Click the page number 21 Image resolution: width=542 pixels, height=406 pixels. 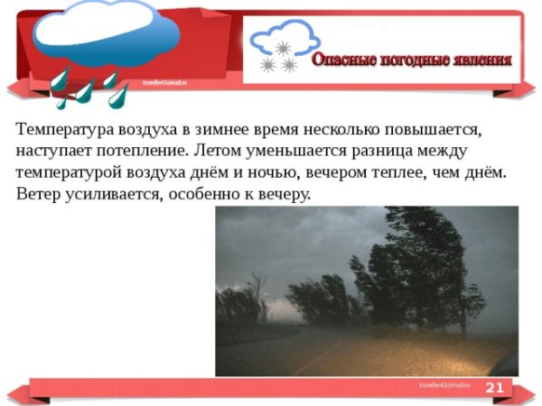click(494, 388)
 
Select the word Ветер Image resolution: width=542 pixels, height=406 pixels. click(40, 194)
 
